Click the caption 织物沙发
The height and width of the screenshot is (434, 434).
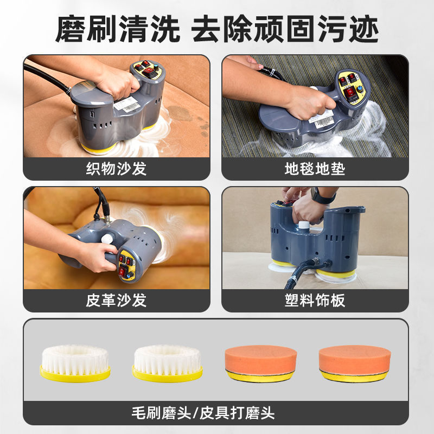coord(116,169)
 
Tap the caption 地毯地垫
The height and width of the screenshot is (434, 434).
coord(315,169)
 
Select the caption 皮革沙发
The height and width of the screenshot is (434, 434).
coord(116,301)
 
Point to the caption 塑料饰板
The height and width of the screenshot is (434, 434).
coord(315,301)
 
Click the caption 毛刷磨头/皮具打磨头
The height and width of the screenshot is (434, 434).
coord(203,413)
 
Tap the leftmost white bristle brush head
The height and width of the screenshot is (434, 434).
coord(75,363)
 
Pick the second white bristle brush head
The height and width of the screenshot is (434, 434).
coord(167,363)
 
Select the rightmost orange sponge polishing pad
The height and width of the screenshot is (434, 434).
coord(355,363)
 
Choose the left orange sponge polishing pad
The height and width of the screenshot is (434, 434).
coord(261,363)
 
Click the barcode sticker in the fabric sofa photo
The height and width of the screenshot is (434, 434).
coord(127,105)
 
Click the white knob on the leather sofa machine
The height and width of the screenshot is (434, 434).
coord(106,239)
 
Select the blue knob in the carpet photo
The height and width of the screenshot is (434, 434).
coord(360,89)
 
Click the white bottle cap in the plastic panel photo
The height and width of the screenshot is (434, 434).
coord(303,225)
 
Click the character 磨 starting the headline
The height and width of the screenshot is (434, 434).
coord(71,29)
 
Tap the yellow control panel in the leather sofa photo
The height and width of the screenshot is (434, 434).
coord(126,265)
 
